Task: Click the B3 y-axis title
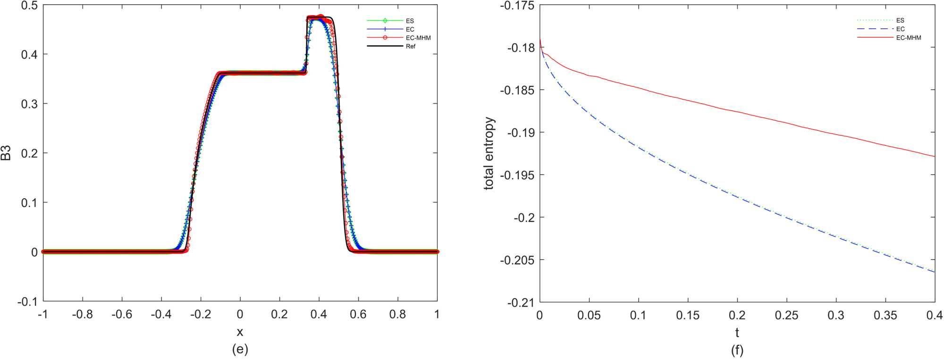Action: [7, 153]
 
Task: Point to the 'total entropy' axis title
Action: [489, 153]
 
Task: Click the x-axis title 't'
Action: [737, 333]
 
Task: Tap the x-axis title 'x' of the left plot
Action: [240, 332]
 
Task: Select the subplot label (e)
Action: [240, 349]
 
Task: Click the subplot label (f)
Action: [737, 350]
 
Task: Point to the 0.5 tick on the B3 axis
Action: [29, 5]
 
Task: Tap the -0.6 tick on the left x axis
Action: [122, 314]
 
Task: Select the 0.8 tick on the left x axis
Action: [397, 314]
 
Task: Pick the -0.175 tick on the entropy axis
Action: [517, 6]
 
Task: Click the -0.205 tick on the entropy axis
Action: [517, 260]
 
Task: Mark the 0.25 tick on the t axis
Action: [786, 315]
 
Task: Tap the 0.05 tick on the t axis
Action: [589, 315]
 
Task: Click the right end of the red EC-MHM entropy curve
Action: [934, 156]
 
